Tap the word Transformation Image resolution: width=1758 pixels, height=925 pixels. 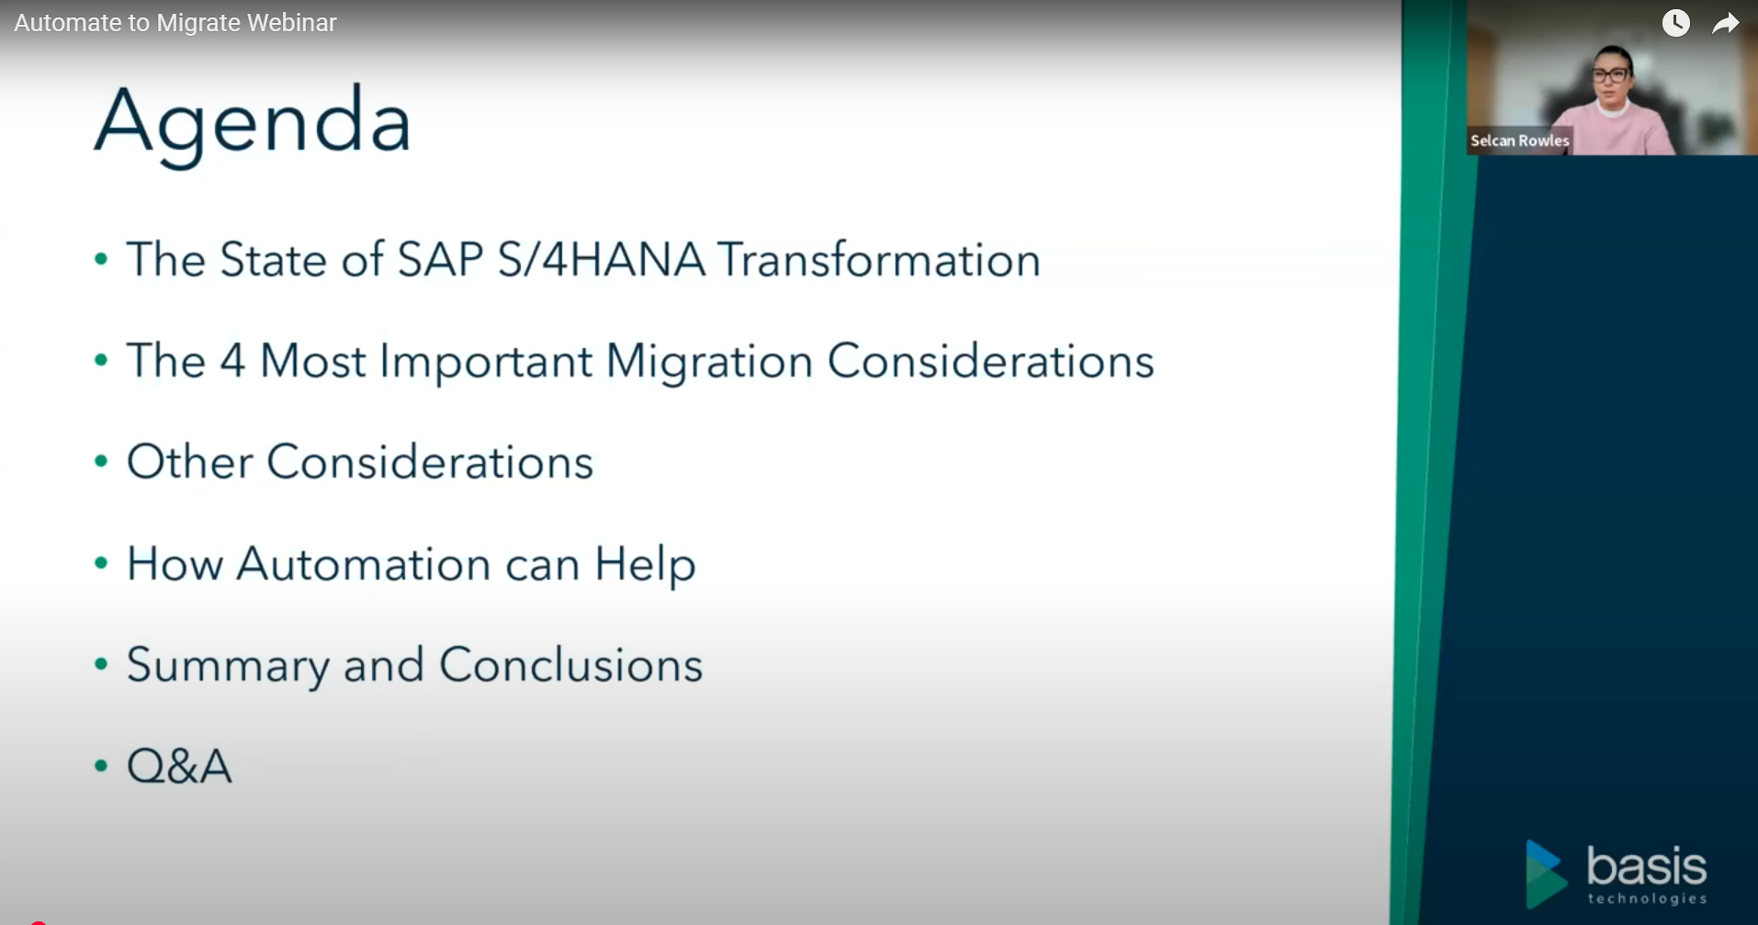click(879, 259)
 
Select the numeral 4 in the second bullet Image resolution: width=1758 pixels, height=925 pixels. click(232, 360)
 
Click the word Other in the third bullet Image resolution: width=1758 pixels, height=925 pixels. click(189, 461)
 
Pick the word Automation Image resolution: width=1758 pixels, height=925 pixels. click(364, 563)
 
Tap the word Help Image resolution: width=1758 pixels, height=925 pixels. click(646, 565)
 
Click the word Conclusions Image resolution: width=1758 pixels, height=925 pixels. click(570, 664)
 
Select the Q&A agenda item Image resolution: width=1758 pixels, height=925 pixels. click(179, 765)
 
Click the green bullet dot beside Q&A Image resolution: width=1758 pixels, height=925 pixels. click(101, 765)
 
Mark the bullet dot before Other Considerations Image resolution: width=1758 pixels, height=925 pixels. click(101, 461)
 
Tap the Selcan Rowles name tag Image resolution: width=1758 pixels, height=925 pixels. click(1519, 141)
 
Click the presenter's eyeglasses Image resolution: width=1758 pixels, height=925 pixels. click(1610, 75)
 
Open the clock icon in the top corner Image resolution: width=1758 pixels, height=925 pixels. click(1676, 23)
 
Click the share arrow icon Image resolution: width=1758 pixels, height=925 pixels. click(1726, 23)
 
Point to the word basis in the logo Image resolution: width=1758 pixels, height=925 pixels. click(1647, 866)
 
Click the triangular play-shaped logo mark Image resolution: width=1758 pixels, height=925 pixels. click(1545, 874)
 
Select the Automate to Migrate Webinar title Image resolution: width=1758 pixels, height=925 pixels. click(175, 23)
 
